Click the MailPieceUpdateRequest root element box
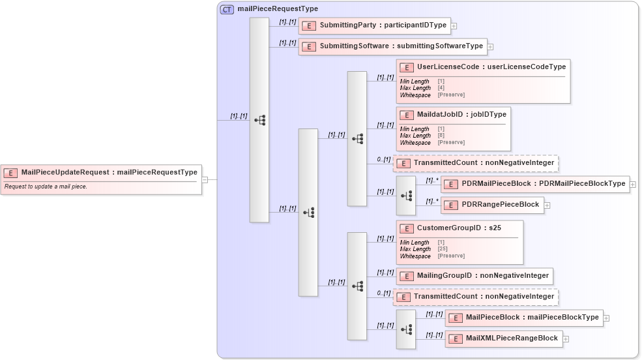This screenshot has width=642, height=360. [101, 172]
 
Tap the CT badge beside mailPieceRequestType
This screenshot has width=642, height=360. [227, 9]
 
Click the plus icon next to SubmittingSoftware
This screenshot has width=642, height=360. [491, 46]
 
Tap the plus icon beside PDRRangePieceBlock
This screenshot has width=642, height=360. [547, 205]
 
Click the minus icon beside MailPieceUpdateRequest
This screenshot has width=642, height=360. [204, 179]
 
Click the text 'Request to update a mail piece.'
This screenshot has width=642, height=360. [46, 187]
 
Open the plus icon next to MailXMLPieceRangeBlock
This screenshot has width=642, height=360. [566, 338]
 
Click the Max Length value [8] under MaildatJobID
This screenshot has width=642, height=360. [441, 136]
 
